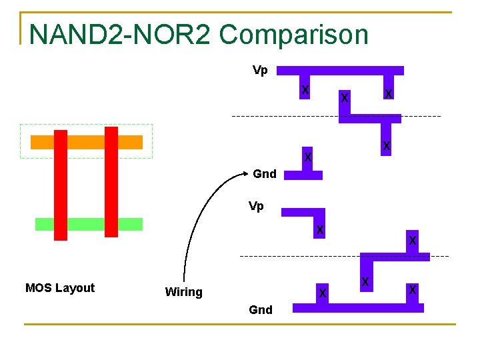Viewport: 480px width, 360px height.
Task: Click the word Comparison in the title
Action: click(293, 35)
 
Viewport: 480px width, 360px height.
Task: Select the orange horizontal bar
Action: click(87, 142)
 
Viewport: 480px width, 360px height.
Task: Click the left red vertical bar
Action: click(61, 185)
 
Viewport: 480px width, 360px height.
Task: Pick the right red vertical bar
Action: click(111, 181)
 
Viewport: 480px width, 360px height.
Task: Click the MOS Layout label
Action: click(60, 288)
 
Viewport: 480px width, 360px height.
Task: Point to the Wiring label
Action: click(183, 292)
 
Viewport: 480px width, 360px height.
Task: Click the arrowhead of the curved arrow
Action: click(247, 175)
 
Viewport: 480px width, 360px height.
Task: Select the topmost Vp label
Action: click(260, 70)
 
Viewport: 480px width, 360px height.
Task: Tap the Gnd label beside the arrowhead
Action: click(265, 174)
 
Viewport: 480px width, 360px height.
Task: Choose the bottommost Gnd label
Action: click(260, 310)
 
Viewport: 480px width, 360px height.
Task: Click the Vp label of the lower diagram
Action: click(256, 206)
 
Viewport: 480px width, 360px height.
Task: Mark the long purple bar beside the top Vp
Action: click(340, 70)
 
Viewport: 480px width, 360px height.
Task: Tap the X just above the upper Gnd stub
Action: click(307, 157)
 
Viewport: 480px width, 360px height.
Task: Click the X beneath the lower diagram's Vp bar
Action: click(320, 231)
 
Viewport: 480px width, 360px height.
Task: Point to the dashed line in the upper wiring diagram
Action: click(280, 117)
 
